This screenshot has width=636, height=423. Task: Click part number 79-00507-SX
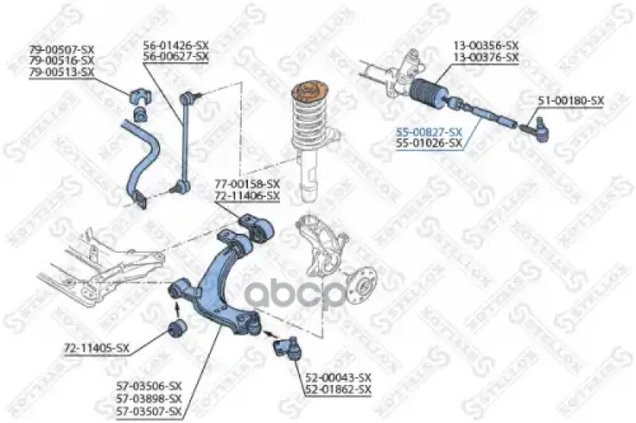(62, 49)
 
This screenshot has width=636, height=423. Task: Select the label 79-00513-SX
(62, 72)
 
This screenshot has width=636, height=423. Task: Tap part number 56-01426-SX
(176, 45)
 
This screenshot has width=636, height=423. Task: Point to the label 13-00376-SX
(486, 57)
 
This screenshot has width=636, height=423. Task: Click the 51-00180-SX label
(571, 100)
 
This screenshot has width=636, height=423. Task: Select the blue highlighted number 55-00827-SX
(429, 132)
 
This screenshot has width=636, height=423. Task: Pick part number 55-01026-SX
(429, 143)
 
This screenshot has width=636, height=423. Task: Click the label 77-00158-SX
(247, 184)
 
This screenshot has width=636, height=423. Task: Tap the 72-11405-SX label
(96, 348)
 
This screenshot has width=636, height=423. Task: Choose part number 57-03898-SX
(149, 398)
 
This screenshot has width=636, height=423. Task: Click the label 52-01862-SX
(338, 390)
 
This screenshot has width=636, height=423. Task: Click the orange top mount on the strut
(310, 91)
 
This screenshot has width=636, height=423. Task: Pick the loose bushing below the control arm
(177, 328)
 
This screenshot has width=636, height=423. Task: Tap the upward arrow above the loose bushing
(177, 310)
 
